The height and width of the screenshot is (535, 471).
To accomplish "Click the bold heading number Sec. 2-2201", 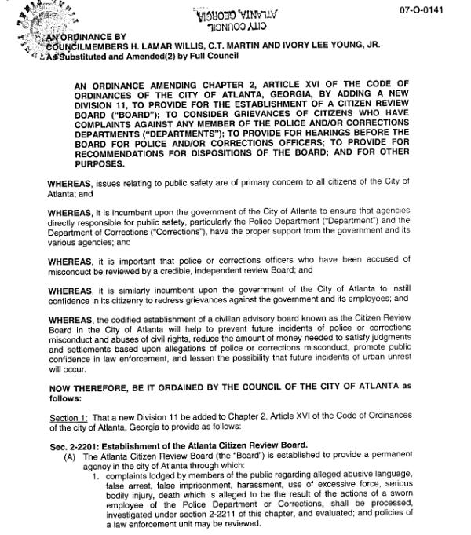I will tap(78, 445).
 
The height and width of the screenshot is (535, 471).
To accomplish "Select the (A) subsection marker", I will tap(70, 456).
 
